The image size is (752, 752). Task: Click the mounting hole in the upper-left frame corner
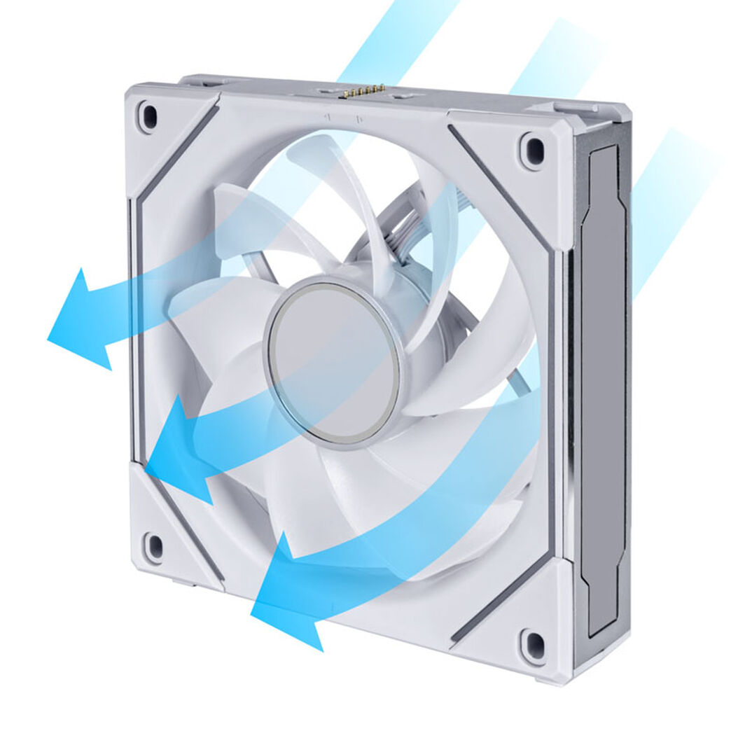148,116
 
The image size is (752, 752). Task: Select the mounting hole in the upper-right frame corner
533,150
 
